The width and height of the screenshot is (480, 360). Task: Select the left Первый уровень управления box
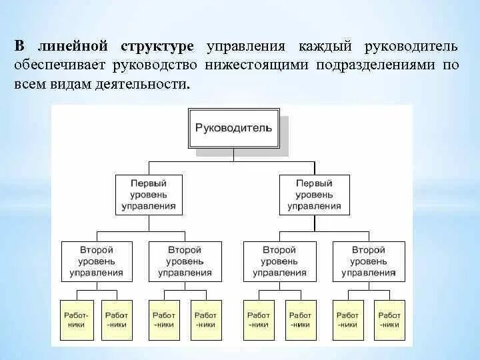(x=149, y=194)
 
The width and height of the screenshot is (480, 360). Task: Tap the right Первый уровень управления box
(x=315, y=194)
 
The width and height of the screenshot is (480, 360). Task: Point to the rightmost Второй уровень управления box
(x=368, y=261)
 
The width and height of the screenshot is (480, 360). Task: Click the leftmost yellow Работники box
(x=75, y=319)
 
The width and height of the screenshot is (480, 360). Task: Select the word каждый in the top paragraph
(x=323, y=47)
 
